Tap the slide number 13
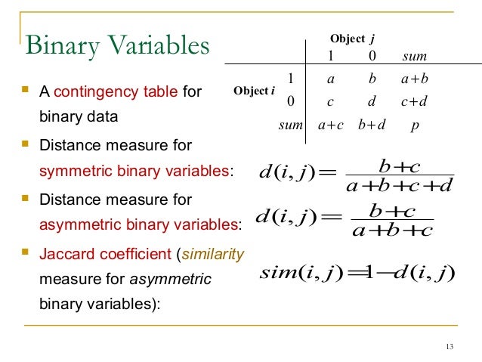click(x=450, y=347)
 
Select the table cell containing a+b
click(x=415, y=77)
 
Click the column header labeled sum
click(x=415, y=56)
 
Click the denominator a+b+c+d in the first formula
click(x=397, y=184)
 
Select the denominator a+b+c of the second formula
click(x=392, y=229)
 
